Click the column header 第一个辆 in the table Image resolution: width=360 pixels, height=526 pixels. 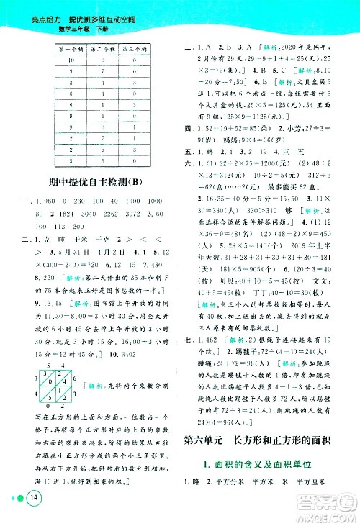(70, 49)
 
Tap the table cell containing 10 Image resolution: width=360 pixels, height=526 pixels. (70, 60)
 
